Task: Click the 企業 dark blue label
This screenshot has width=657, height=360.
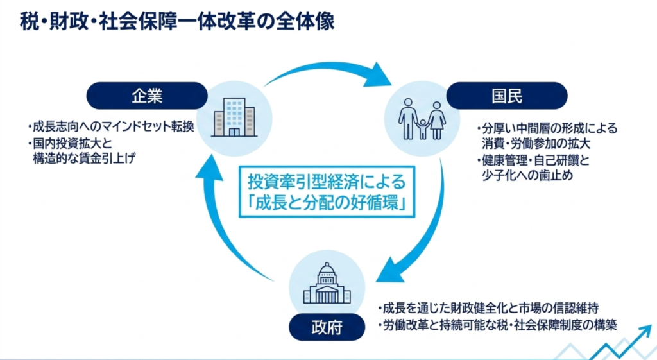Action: pyautogui.click(x=147, y=96)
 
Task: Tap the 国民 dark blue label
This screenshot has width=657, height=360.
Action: pyautogui.click(x=507, y=96)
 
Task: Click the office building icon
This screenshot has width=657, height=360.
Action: pyautogui.click(x=234, y=118)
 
